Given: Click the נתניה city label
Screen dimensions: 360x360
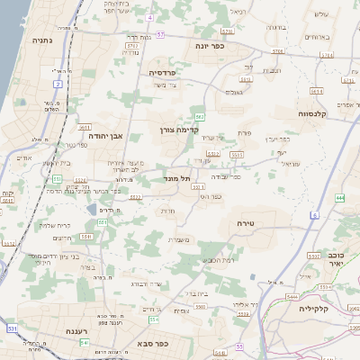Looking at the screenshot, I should [x=42, y=40].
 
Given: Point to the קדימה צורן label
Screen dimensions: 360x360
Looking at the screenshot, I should [x=190, y=129].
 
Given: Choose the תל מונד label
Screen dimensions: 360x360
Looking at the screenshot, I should [x=180, y=179].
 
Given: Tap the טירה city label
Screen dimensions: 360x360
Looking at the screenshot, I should [x=247, y=222].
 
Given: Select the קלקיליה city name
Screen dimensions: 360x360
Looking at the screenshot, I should [x=319, y=308].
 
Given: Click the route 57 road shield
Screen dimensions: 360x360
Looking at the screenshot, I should [x=160, y=33].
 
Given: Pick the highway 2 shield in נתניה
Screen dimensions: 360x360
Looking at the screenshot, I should [x=58, y=84].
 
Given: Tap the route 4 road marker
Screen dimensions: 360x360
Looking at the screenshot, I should [x=149, y=17].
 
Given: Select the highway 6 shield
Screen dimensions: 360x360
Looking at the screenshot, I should [x=315, y=215].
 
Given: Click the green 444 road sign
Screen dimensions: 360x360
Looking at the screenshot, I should [x=339, y=197].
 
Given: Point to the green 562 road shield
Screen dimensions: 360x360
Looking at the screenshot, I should [x=199, y=117].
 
